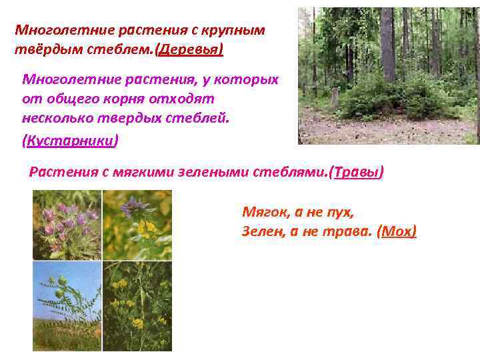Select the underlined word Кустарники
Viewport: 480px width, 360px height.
pos(71,141)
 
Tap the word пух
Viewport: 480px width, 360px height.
pos(339,212)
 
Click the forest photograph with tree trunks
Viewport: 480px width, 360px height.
pos(388,75)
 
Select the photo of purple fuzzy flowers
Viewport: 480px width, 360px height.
pos(67,225)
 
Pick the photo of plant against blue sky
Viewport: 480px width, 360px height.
pos(67,306)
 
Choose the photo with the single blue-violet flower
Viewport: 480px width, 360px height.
pos(137,225)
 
